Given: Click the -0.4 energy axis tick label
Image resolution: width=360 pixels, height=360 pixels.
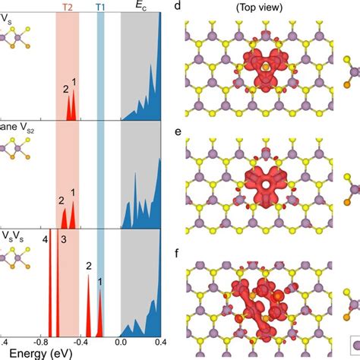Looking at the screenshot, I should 81,342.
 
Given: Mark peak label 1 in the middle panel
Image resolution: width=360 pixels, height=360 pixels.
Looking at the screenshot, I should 74,193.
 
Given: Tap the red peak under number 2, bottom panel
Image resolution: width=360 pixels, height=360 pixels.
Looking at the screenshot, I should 88,304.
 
